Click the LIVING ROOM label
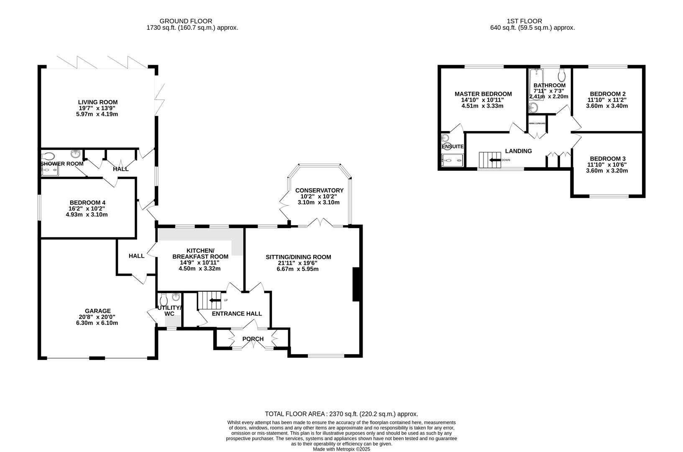pos(97,102)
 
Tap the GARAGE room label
pos(97,311)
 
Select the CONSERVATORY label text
pos(319,190)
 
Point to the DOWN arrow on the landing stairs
pos(495,160)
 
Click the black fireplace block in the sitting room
pos(357,285)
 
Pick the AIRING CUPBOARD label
pos(537,123)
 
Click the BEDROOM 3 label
pos(607,159)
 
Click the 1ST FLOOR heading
pos(524,21)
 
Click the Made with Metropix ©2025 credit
pos(341,449)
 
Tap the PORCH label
pos(253,339)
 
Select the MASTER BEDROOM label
pos(483,94)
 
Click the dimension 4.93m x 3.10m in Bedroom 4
pos(84,215)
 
